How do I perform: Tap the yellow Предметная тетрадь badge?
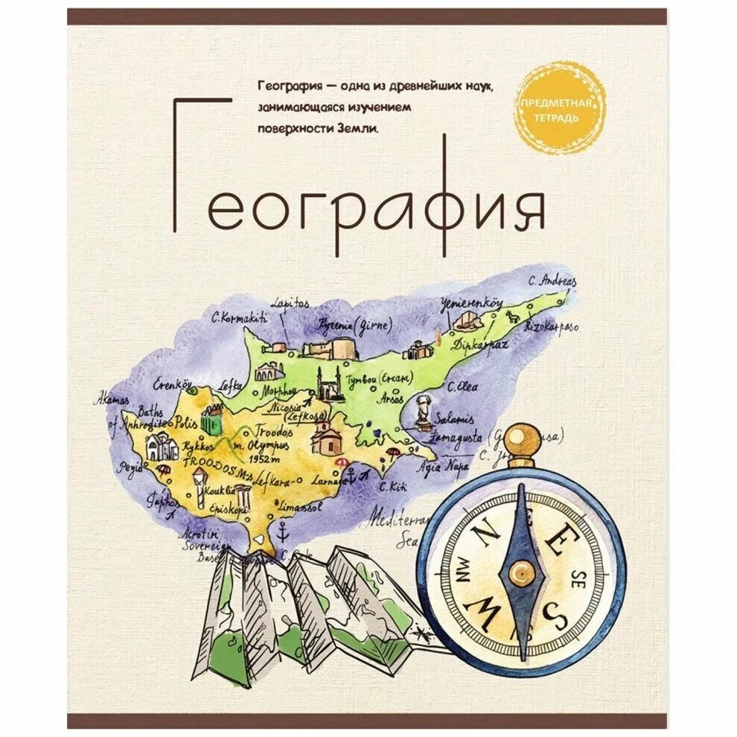558,108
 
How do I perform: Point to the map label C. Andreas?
552,281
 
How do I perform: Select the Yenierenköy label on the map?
473,303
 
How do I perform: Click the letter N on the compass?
487,532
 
